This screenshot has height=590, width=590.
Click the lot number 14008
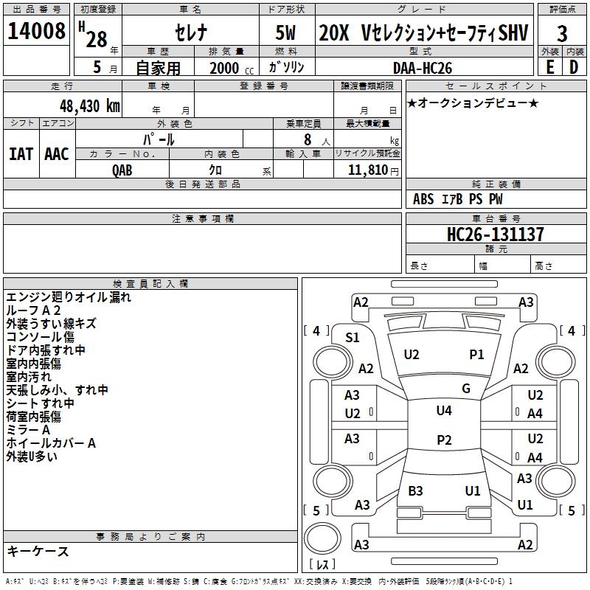[x=36, y=31]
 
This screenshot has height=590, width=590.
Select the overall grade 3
[x=562, y=34]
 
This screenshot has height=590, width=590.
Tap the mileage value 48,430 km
[x=90, y=105]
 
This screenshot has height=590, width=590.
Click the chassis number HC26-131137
[x=495, y=234]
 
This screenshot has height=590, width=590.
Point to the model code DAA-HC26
[x=423, y=68]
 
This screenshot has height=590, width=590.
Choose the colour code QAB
[x=122, y=170]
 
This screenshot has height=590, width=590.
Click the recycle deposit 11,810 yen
[x=373, y=170]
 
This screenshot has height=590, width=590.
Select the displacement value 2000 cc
[x=232, y=68]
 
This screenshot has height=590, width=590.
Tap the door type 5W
[x=285, y=32]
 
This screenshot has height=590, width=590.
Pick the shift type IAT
[x=21, y=154]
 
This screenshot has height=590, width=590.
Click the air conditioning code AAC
[x=57, y=154]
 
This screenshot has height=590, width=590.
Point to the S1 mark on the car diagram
[x=353, y=338]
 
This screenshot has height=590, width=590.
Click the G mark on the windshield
[x=466, y=388]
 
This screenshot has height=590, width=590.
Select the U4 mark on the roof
[x=444, y=410]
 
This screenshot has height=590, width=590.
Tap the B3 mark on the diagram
[x=415, y=490]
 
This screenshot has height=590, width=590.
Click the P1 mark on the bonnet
[x=476, y=354]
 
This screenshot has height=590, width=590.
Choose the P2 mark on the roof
[x=444, y=440]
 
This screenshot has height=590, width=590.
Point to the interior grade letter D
[x=574, y=67]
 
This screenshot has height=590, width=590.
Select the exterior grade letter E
[x=550, y=67]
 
